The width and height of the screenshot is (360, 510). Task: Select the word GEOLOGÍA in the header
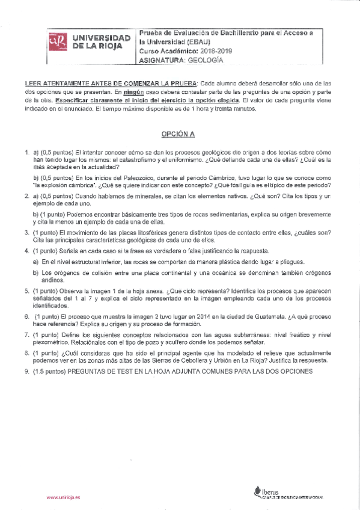pyautogui.click(x=206, y=60)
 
